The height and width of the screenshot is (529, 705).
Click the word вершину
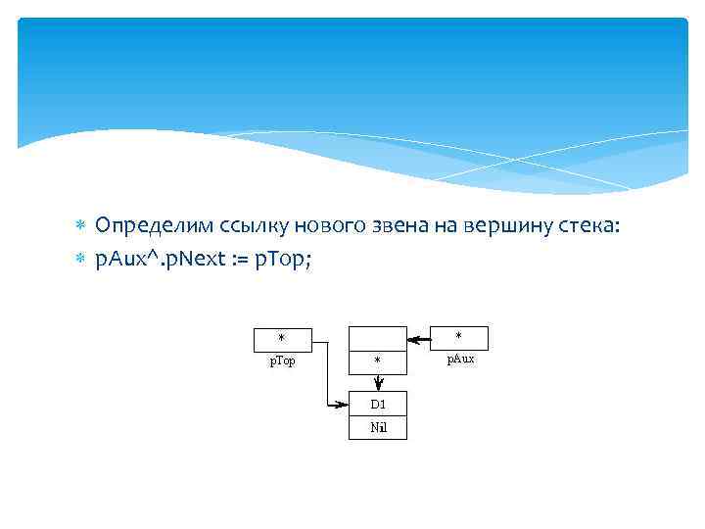[x=497, y=227]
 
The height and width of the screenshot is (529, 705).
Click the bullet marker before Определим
[x=81, y=228]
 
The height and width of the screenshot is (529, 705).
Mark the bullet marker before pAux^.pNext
[x=81, y=260]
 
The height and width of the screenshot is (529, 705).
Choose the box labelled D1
[x=377, y=405]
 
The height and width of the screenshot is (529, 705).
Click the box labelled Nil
[x=377, y=428]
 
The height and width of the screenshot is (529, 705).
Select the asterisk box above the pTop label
[x=283, y=339]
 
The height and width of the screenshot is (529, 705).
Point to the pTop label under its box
[x=283, y=361]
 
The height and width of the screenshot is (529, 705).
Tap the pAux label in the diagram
[x=460, y=360]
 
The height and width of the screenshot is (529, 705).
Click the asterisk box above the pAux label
[x=459, y=338]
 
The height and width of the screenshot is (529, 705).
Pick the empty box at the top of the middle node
[x=377, y=339]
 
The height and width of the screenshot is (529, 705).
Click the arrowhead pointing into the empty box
[x=413, y=340]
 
